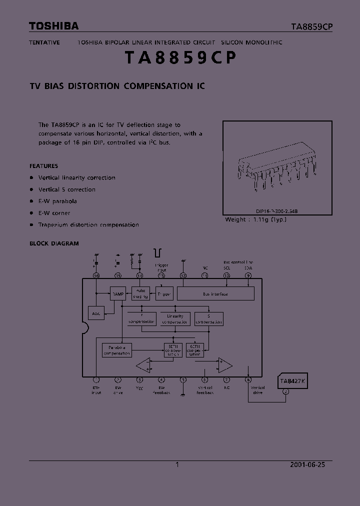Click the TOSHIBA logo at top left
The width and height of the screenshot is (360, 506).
tap(53, 26)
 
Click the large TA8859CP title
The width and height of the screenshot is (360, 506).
tap(179, 58)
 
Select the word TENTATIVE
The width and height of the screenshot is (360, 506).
tap(44, 42)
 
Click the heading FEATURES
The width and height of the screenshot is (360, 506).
tap(43, 166)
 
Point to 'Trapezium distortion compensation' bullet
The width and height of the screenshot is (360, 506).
tap(88, 225)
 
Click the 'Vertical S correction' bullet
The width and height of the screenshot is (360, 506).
tap(66, 189)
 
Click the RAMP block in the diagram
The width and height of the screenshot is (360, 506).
tap(118, 294)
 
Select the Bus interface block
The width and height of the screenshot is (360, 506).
tap(215, 294)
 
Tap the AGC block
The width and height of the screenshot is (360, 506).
tap(96, 313)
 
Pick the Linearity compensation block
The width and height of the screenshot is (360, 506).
tap(175, 319)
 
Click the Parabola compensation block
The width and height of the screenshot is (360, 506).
tap(117, 350)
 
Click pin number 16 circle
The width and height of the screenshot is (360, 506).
tap(96, 275)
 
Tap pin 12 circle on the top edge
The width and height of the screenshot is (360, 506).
tap(183, 275)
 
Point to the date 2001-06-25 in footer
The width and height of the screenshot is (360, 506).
tap(307, 464)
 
